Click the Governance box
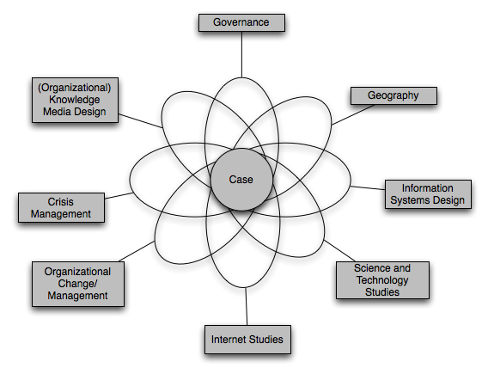pos(241,22)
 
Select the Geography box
pos(393,95)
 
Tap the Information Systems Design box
pos(428,194)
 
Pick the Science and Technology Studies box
pos(382,280)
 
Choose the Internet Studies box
pos(247,340)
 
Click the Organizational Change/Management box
pos(78,284)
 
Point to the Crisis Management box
pos(61,208)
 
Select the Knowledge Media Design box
pos(75,100)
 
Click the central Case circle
pos(241,180)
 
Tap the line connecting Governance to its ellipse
pos(241,54)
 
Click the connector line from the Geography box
pos(353,114)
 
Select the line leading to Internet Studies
pos(247,306)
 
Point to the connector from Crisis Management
pos(119,195)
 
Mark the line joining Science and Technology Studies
pos(339,251)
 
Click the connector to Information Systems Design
pos(368,187)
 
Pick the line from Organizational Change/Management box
pos(137,251)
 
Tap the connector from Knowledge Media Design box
pos(140,121)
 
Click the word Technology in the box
pos(382,280)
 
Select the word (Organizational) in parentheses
pos(75,89)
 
